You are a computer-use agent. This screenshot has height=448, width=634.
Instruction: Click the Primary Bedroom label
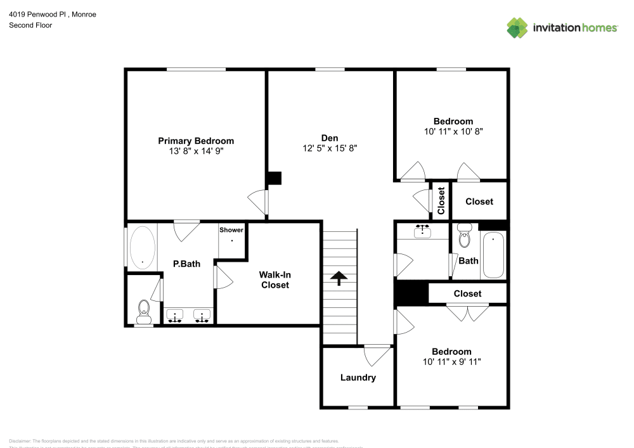(196, 141)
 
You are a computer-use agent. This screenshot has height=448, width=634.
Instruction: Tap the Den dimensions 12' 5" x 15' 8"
(330, 148)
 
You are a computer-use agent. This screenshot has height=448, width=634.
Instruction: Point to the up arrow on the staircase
(339, 278)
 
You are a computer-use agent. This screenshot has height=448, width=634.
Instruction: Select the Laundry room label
(358, 378)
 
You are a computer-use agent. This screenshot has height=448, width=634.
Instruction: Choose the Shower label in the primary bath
(231, 230)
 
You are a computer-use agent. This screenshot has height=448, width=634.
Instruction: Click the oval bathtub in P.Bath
(143, 247)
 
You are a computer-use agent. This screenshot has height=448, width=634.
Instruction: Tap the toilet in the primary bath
(144, 309)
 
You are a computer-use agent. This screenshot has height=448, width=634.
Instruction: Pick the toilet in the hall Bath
(465, 236)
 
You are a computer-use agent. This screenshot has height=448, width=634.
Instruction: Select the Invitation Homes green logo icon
(517, 27)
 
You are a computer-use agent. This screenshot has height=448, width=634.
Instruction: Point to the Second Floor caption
(30, 25)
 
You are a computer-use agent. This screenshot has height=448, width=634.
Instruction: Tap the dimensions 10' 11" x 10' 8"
(453, 131)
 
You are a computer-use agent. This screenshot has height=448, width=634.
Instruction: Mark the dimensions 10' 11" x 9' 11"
(451, 362)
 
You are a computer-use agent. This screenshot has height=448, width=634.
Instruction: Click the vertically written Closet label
(441, 201)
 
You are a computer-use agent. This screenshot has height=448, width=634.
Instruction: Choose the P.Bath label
(186, 264)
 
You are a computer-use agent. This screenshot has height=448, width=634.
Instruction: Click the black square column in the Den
(274, 178)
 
